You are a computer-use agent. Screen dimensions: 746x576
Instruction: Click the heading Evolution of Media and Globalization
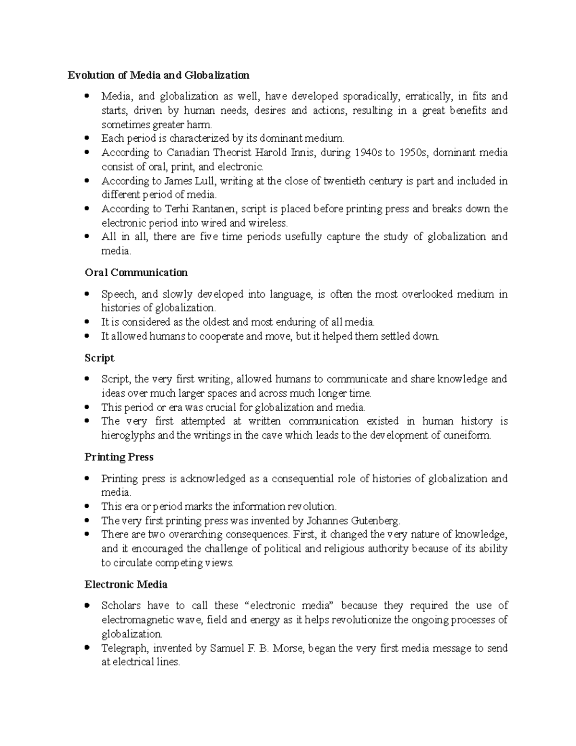coord(158,75)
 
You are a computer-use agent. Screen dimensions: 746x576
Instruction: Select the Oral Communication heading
coord(136,273)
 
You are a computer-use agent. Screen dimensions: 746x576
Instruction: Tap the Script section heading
coord(99,358)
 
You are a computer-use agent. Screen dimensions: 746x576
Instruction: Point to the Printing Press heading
coord(119,457)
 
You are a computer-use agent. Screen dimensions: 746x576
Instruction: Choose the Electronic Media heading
coord(126,585)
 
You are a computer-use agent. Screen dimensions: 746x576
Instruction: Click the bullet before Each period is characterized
coord(86,138)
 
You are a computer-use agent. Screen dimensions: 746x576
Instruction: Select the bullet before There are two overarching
coord(86,534)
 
